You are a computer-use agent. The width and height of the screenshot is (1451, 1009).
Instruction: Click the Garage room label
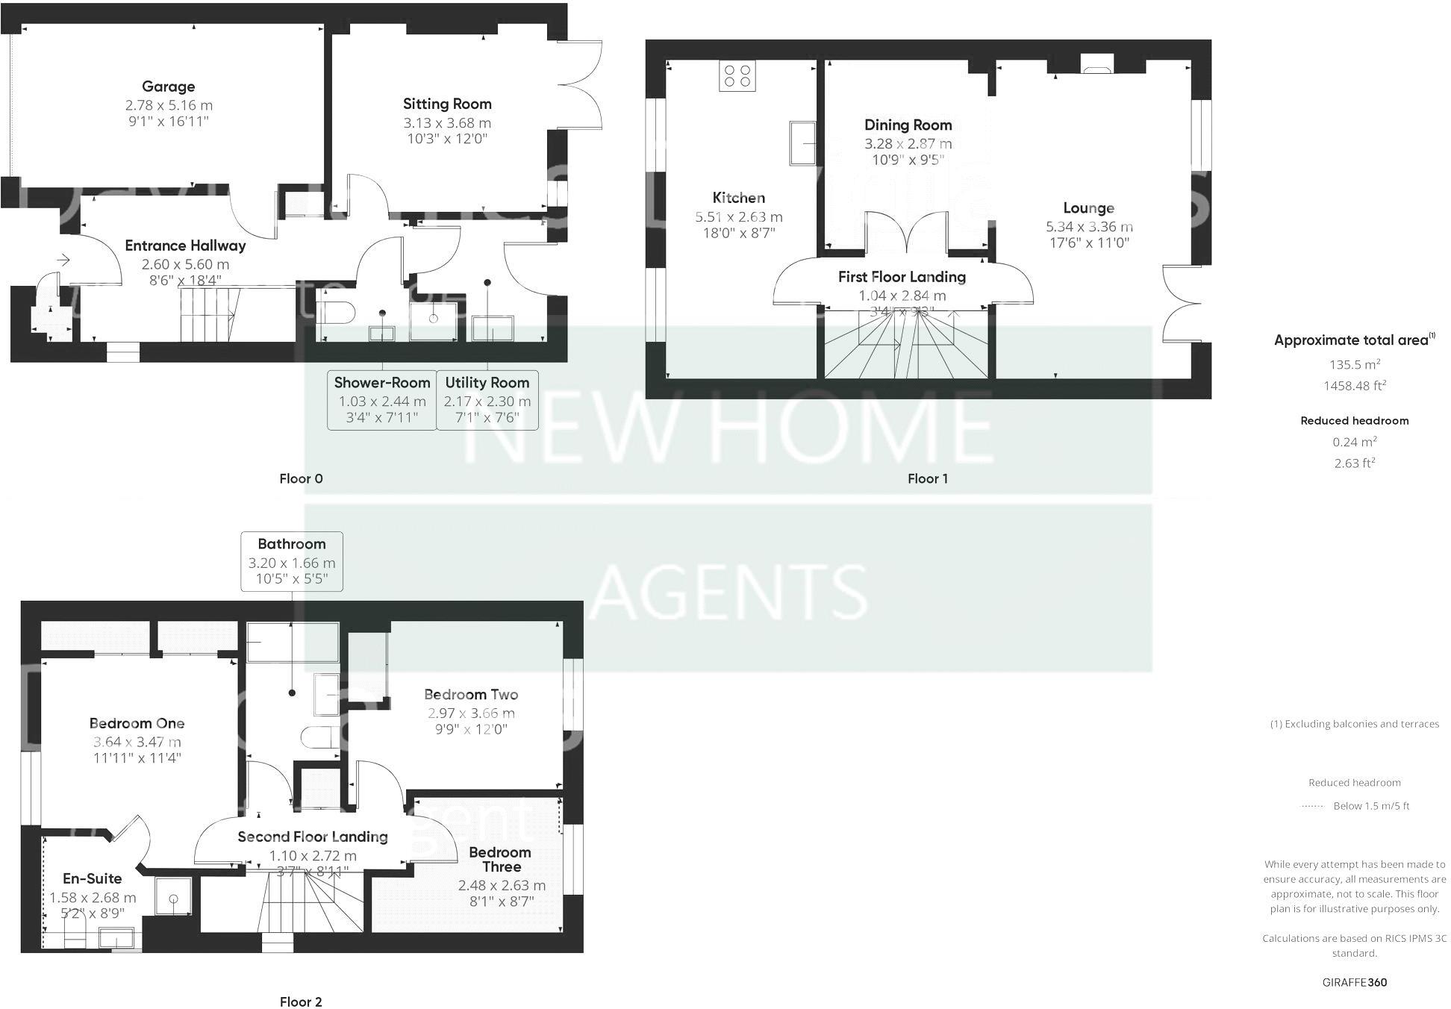(x=168, y=87)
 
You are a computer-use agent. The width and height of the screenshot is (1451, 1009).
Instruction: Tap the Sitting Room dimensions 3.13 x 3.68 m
(x=447, y=122)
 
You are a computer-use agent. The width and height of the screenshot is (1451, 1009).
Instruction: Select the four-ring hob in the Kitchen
(x=737, y=75)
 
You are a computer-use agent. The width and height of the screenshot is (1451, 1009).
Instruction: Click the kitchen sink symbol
(x=802, y=143)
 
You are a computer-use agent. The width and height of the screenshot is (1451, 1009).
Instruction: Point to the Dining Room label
(x=908, y=125)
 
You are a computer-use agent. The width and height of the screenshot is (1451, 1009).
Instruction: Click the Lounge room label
(x=1088, y=207)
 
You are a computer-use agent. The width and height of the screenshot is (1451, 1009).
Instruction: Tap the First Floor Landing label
(x=902, y=277)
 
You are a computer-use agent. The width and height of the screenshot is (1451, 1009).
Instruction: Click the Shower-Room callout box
(x=382, y=400)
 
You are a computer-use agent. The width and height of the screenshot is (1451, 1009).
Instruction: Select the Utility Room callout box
(x=487, y=400)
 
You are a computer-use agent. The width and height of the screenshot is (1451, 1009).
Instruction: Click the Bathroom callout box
(x=292, y=561)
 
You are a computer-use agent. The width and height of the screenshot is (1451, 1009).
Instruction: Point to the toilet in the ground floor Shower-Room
(x=337, y=311)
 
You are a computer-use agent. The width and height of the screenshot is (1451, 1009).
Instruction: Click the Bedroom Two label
(x=471, y=694)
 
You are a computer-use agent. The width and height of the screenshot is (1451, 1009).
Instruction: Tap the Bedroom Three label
(x=501, y=859)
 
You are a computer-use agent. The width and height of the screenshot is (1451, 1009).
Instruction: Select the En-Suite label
(x=92, y=878)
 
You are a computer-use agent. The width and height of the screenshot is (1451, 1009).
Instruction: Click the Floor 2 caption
(x=301, y=1002)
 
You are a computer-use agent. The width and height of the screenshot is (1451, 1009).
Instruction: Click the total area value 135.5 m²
(x=1354, y=365)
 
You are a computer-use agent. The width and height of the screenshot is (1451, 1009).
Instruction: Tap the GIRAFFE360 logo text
(x=1354, y=982)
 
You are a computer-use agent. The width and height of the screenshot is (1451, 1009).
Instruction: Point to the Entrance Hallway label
(x=185, y=246)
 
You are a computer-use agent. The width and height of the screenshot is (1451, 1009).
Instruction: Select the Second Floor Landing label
(x=313, y=837)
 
